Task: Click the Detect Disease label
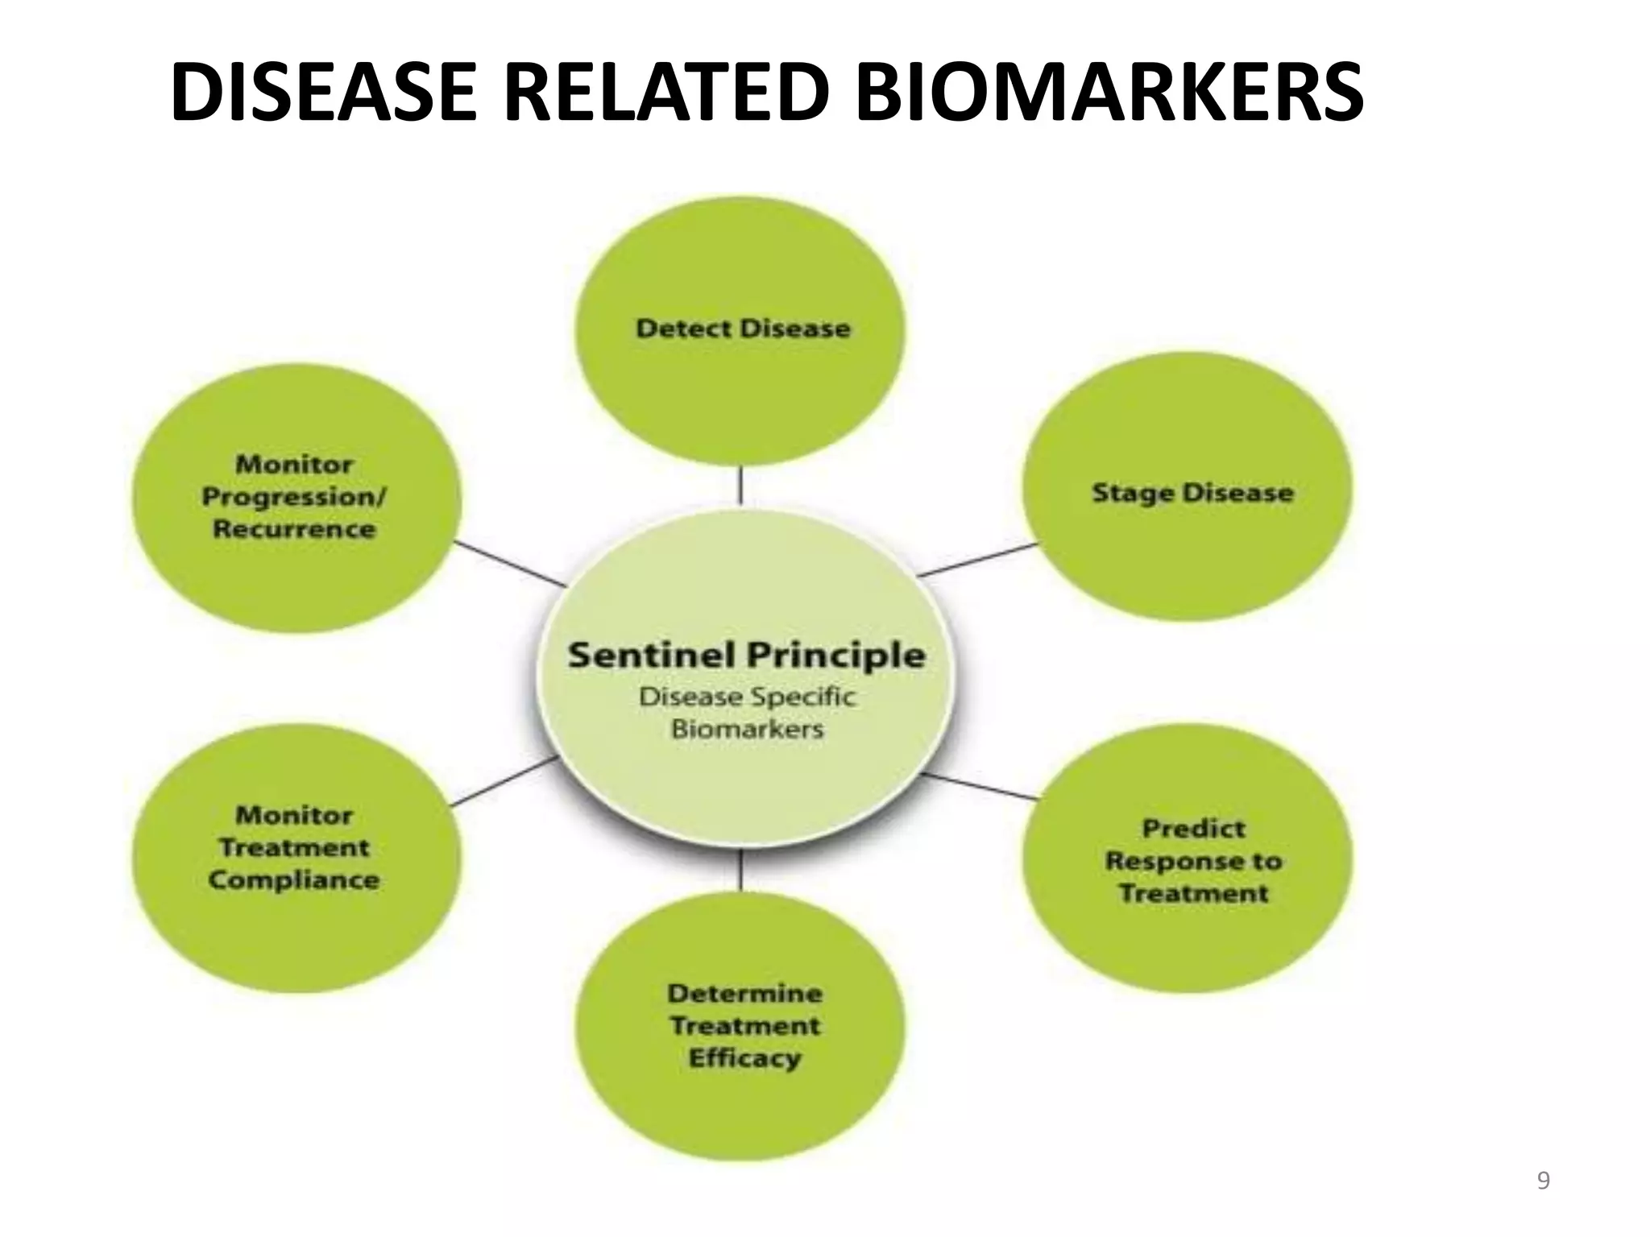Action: click(x=743, y=329)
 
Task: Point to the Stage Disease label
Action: click(x=1192, y=493)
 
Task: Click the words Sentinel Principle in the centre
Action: click(x=746, y=656)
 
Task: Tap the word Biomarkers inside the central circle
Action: click(x=748, y=730)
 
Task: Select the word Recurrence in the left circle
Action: click(x=294, y=529)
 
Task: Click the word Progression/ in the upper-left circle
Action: click(x=294, y=497)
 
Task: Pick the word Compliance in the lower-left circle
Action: click(x=294, y=879)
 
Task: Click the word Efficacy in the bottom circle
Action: click(x=744, y=1057)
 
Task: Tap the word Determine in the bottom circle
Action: click(x=744, y=993)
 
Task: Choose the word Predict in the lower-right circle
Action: click(x=1193, y=828)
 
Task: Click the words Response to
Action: click(x=1193, y=861)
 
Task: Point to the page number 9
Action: click(x=1543, y=1181)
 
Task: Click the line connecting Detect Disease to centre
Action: click(x=740, y=486)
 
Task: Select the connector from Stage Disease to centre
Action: click(x=977, y=560)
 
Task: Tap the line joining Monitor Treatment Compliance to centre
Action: click(x=504, y=781)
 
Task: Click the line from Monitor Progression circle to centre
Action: click(x=510, y=563)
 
